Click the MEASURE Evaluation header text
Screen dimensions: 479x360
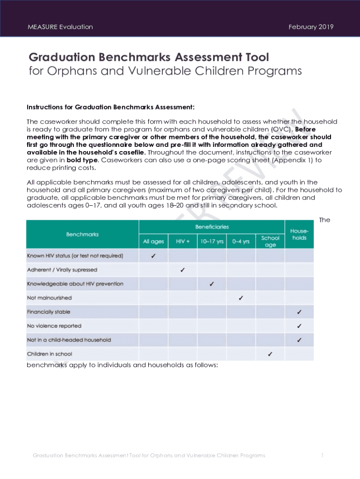[60, 27]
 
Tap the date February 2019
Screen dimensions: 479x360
[311, 27]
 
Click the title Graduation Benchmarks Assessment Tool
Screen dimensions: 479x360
[149, 57]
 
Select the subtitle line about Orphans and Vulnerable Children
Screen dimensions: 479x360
[165, 71]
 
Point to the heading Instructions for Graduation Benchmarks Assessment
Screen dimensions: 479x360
[110, 107]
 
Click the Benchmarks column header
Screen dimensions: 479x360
[82, 234]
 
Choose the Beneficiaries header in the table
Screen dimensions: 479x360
[212, 227]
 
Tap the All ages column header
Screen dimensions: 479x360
[153, 241]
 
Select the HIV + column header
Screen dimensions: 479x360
[183, 241]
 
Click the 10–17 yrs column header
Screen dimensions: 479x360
[211, 241]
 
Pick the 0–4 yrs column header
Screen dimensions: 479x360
[241, 241]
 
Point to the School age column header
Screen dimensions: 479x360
[270, 241]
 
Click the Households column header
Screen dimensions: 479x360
[299, 234]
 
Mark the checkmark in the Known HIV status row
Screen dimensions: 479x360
[154, 256]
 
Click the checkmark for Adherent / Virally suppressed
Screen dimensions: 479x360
[182, 270]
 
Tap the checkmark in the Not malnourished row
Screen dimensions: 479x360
[241, 298]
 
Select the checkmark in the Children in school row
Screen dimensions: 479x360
[270, 354]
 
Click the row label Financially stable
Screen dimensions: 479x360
[49, 312]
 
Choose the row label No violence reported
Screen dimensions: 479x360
[54, 326]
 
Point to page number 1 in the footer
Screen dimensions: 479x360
[323, 455]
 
